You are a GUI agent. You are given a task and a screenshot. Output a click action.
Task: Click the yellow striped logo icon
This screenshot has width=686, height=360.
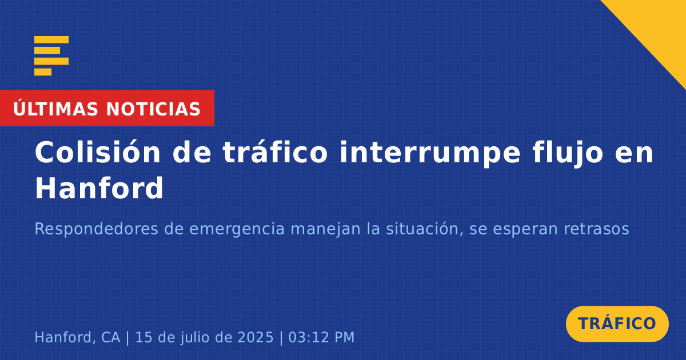click(51, 56)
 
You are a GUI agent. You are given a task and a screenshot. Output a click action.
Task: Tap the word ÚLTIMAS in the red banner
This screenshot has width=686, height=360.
click(55, 109)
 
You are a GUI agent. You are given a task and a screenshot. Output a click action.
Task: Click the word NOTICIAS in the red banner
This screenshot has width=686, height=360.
click(153, 109)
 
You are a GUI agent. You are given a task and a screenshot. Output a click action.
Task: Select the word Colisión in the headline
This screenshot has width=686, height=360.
click(98, 152)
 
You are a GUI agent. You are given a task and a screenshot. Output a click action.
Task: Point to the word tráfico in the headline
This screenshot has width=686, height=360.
click(276, 152)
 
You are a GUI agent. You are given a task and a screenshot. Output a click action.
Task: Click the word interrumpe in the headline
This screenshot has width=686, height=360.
click(430, 153)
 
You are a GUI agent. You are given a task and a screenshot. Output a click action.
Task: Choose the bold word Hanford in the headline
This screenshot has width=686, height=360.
click(99, 188)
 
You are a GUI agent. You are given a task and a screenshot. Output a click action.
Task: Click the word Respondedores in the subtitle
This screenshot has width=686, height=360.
click(97, 229)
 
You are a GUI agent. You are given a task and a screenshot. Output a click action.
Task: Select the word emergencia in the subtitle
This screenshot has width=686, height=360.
click(237, 229)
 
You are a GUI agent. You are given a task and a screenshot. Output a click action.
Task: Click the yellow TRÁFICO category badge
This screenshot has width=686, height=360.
click(617, 323)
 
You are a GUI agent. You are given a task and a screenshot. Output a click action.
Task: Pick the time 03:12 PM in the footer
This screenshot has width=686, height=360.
click(321, 337)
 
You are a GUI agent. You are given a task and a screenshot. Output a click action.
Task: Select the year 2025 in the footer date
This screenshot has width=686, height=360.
click(256, 337)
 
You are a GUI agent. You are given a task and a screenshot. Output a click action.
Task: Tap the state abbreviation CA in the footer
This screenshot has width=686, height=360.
click(110, 337)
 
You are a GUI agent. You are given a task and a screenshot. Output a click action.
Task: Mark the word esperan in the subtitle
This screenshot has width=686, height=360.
click(525, 230)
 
